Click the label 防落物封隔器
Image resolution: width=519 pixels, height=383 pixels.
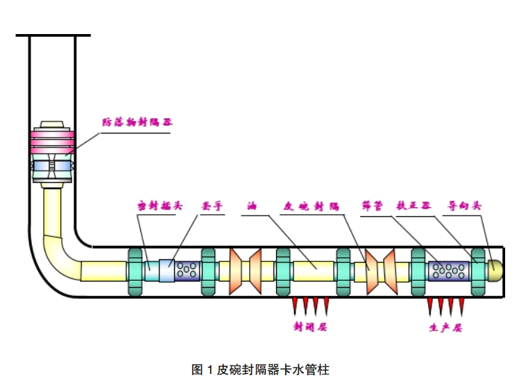(x=137, y=122)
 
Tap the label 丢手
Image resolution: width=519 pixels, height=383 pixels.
(x=211, y=206)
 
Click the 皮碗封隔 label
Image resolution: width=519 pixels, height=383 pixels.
(x=311, y=206)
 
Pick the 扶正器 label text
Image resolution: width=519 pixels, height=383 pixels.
(x=414, y=206)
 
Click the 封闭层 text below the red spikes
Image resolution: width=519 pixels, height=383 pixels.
(x=310, y=325)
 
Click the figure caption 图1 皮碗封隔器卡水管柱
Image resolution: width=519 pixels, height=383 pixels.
(x=259, y=369)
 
